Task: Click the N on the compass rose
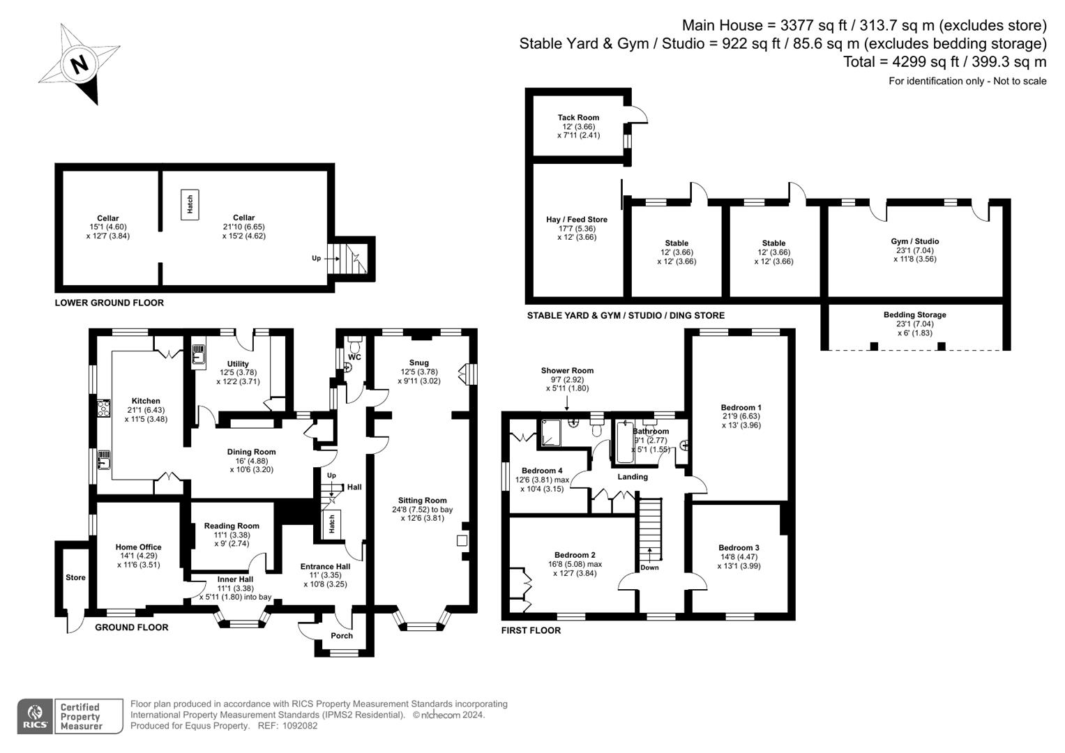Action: [79, 63]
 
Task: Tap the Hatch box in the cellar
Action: [190, 204]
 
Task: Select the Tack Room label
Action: [578, 117]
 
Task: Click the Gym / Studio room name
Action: [915, 241]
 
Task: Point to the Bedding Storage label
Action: [915, 314]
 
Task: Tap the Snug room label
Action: [418, 363]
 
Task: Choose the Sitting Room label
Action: [422, 500]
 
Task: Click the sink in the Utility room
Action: [199, 355]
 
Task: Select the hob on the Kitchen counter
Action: [104, 409]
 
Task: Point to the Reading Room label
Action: [232, 526]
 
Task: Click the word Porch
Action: [341, 636]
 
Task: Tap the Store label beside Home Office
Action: [75, 577]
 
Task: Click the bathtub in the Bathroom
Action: [625, 442]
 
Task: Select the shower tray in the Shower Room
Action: [551, 433]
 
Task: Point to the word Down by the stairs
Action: [649, 568]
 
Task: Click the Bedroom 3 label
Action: [739, 547]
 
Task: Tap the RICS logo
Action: [35, 716]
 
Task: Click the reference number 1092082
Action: [299, 726]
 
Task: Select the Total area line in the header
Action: [945, 62]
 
